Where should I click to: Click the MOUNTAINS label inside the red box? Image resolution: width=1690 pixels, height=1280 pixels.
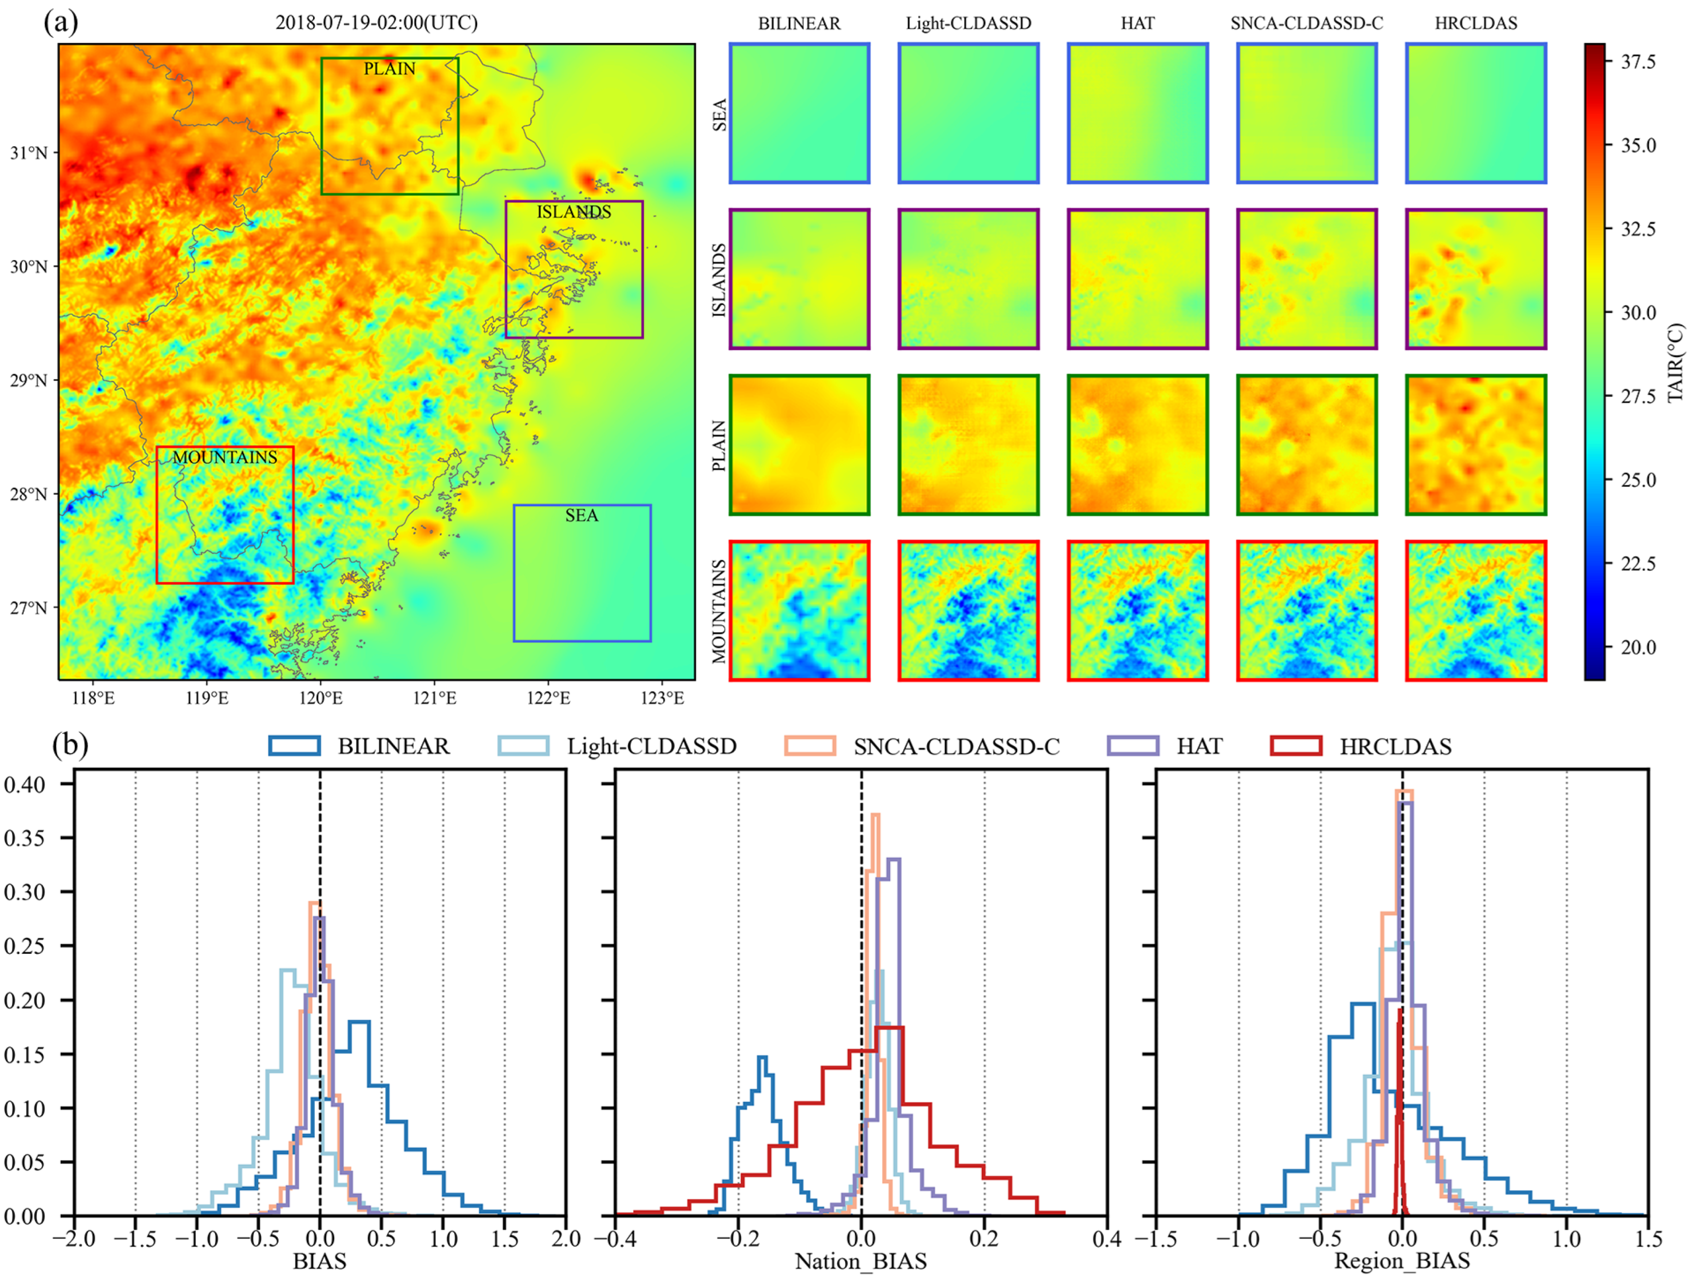pos(224,458)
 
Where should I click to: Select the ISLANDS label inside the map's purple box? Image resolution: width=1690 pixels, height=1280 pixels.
pos(574,212)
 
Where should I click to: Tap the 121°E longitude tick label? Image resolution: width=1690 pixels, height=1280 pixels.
pos(435,698)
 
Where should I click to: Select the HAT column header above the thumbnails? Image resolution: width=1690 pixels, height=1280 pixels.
pos(1137,23)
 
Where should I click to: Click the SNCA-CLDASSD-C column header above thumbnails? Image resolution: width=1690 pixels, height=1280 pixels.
pos(1307,23)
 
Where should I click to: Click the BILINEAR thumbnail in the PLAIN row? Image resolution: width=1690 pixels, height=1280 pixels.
pos(799,444)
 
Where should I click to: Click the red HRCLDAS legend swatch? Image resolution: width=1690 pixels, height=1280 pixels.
pos(1296,746)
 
